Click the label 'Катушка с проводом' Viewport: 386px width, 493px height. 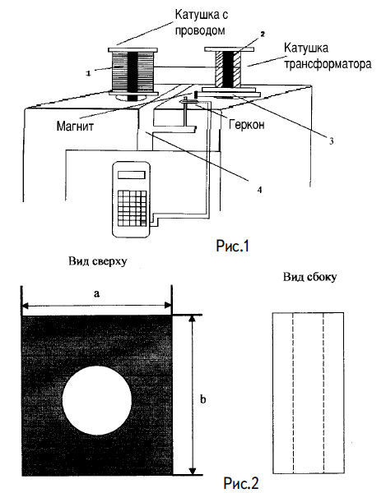click(x=202, y=22)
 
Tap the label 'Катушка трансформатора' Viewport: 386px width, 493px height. click(x=328, y=56)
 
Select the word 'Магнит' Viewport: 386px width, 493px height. click(x=75, y=126)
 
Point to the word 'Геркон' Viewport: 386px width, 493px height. click(x=247, y=125)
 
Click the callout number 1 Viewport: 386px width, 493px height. click(x=88, y=74)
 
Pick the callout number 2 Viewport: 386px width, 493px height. click(x=262, y=34)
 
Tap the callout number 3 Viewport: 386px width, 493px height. click(x=331, y=141)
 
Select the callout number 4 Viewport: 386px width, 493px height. click(x=259, y=190)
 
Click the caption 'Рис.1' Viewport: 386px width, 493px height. click(x=232, y=246)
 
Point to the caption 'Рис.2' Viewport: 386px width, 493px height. click(x=241, y=482)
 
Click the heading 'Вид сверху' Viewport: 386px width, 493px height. click(x=98, y=261)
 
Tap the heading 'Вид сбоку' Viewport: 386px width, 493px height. click(x=310, y=277)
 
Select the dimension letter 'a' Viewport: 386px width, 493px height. click(x=96, y=294)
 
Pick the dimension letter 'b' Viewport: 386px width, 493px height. click(x=203, y=399)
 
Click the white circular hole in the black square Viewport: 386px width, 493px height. click(x=97, y=401)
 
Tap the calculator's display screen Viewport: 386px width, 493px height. click(x=132, y=175)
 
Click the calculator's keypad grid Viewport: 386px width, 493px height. click(x=133, y=208)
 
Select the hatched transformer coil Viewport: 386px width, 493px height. click(x=229, y=70)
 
